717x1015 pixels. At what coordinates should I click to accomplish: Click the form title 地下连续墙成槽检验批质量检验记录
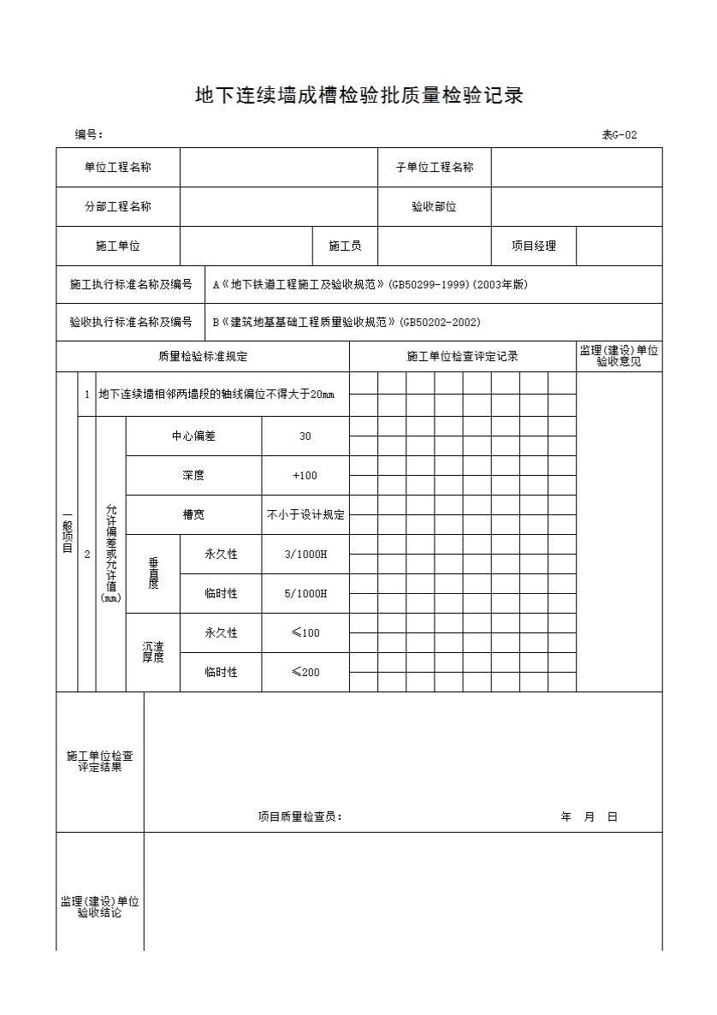(359, 96)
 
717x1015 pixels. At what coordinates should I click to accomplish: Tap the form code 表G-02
(619, 134)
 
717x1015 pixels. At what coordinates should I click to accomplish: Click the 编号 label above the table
(89, 134)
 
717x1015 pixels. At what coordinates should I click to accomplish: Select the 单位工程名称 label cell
(118, 168)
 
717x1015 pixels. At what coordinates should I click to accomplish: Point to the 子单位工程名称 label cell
(435, 168)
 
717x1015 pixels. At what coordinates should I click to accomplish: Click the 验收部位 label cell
(435, 207)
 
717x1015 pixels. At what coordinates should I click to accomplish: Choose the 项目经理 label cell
(534, 246)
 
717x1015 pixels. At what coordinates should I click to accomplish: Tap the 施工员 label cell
(345, 246)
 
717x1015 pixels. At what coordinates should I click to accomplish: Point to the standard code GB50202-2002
(440, 323)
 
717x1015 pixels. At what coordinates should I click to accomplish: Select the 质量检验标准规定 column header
(203, 357)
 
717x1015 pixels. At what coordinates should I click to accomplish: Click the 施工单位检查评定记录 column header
(463, 357)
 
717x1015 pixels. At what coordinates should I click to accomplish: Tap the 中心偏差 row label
(194, 436)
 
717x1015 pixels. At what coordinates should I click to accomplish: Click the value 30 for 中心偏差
(305, 436)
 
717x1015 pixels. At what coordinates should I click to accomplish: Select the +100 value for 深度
(305, 476)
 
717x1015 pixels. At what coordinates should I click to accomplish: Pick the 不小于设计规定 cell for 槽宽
(305, 515)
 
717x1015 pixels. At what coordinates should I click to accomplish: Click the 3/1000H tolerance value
(305, 555)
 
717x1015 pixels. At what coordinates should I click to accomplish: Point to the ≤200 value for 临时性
(305, 673)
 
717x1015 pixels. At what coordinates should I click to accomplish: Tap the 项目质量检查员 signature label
(300, 817)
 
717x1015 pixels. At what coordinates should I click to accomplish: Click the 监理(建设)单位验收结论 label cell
(100, 907)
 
